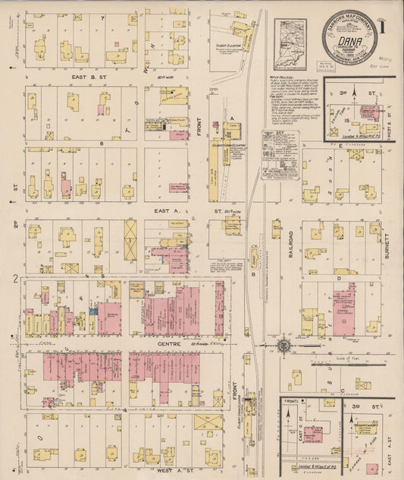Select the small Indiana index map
coord(290,44)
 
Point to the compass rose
coord(283,346)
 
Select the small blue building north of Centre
coord(92,310)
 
